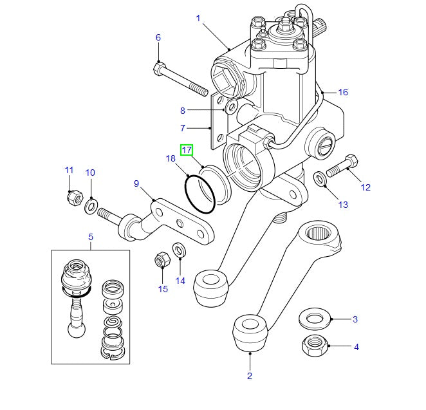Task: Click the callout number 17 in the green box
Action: tap(186, 150)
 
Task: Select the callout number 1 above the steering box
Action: tap(199, 19)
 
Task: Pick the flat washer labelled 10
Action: tap(91, 206)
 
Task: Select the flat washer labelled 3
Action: tap(315, 318)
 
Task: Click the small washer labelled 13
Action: tap(320, 178)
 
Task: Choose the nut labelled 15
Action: tap(162, 261)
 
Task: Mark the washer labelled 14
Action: tap(180, 248)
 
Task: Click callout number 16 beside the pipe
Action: tap(343, 92)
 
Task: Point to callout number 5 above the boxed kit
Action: tap(90, 238)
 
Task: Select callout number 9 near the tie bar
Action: tap(136, 183)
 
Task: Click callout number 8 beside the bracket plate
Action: tap(182, 110)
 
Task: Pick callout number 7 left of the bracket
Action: tap(182, 127)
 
